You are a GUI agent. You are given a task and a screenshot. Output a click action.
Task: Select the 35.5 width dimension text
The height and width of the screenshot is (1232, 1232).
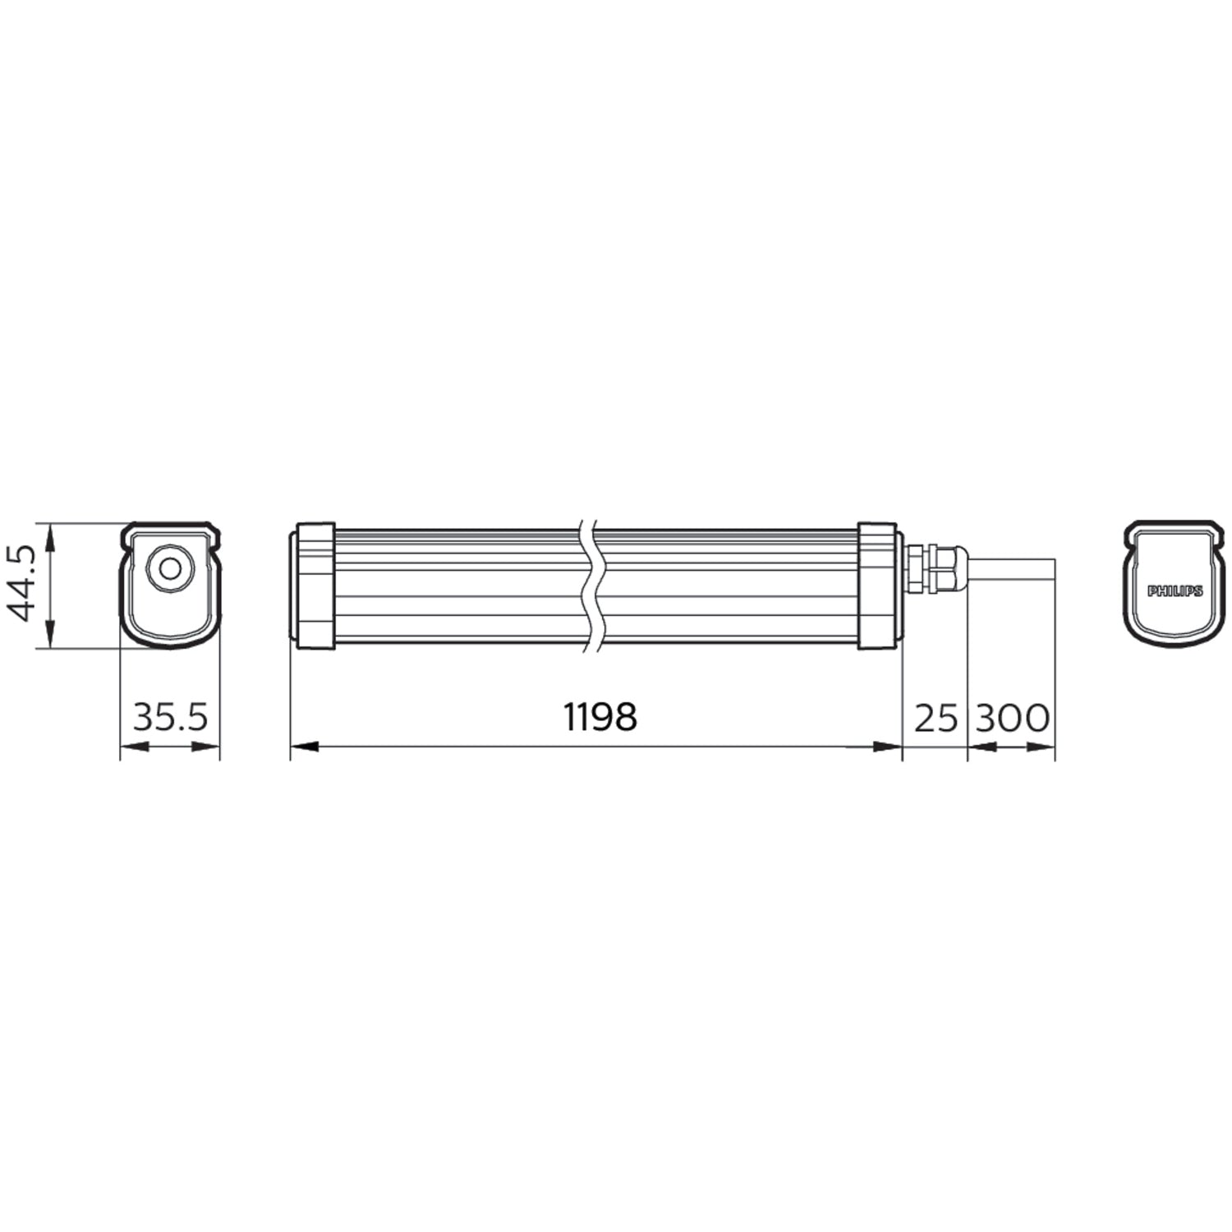(x=171, y=717)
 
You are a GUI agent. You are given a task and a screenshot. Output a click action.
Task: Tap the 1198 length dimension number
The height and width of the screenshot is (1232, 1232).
(x=601, y=717)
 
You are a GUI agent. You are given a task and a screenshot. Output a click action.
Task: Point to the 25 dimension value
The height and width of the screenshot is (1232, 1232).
(x=936, y=718)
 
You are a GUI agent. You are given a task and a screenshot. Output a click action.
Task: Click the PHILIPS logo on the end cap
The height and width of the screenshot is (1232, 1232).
(x=1175, y=591)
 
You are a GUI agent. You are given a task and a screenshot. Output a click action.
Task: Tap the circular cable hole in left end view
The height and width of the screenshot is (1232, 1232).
(x=170, y=568)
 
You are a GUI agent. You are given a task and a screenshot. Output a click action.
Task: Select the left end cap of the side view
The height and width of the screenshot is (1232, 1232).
(x=313, y=585)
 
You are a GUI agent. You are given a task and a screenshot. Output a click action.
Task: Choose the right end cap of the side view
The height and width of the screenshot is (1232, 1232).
(x=880, y=585)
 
